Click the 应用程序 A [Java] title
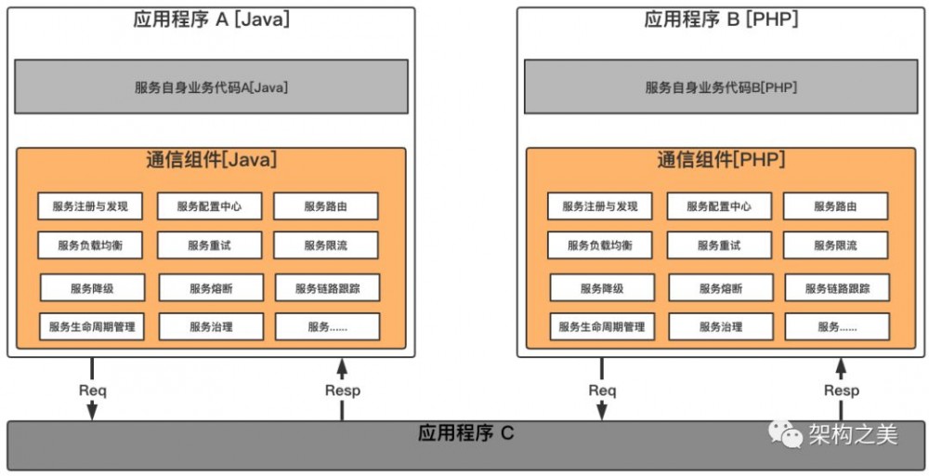click(211, 20)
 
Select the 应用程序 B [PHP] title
click(721, 20)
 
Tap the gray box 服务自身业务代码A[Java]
click(211, 87)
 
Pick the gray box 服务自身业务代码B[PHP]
click(721, 87)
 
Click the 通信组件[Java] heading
click(211, 160)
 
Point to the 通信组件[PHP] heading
click(721, 160)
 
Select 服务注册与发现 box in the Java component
click(90, 206)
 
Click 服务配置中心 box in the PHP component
click(719, 206)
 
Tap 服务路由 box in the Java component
click(325, 206)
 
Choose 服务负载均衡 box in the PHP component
click(600, 245)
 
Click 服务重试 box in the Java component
click(209, 245)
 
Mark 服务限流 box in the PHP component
click(835, 245)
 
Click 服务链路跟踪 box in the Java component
click(327, 288)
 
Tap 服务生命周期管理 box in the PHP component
click(601, 327)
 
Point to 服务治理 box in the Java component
click(211, 327)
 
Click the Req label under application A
click(92, 390)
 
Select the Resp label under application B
click(841, 390)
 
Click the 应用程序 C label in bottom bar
click(464, 433)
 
